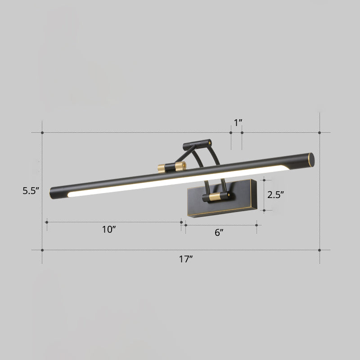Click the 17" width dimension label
pos(186,259)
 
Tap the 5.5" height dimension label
pos(31,190)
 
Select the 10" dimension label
pos(109,229)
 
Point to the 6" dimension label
pos(219,232)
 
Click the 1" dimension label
pos(238,122)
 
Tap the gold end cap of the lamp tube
pos(310,159)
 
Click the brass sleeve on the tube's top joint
pos(180,166)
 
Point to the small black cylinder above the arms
pos(197,144)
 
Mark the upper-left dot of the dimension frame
pos(42,133)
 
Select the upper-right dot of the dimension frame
pos(319,133)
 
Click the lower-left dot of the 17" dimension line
pos(42,250)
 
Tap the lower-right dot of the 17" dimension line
pos(319,250)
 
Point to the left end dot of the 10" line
pos(47,222)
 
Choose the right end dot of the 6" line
pos(256,225)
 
